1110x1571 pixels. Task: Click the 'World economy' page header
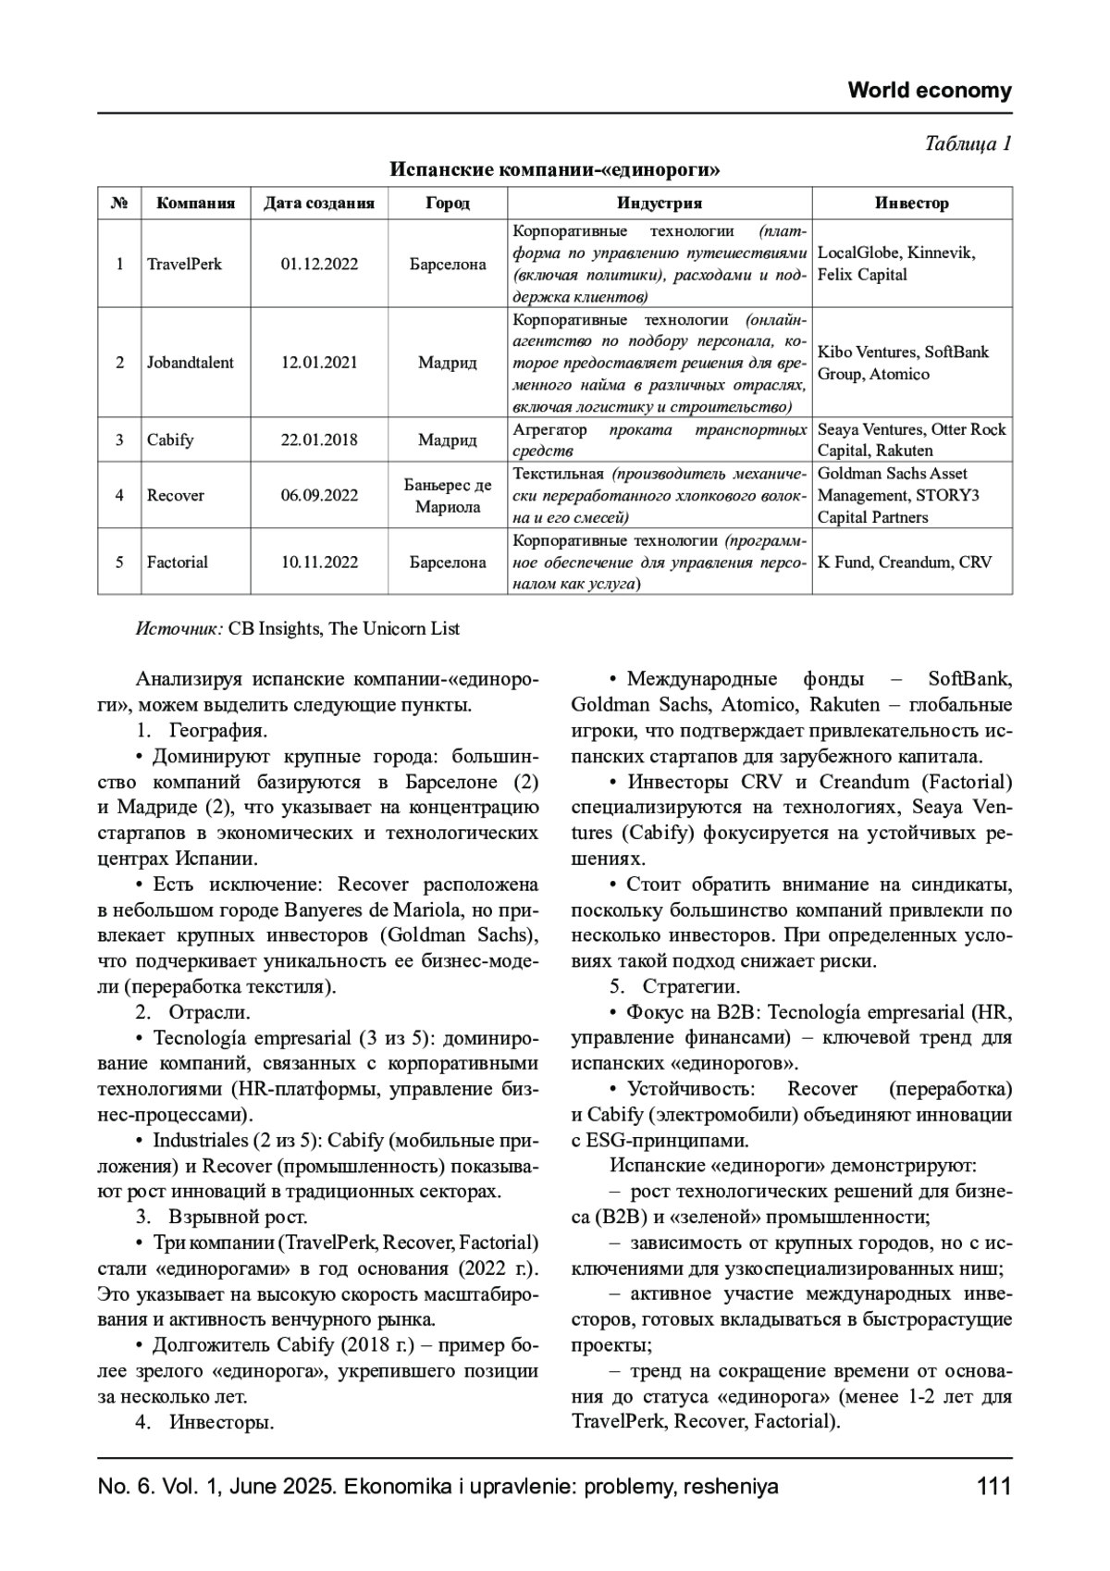[x=929, y=91]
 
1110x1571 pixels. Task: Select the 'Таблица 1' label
[x=968, y=143]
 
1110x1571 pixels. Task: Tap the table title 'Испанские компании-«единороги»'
[x=554, y=170]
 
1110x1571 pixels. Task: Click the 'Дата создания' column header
[x=319, y=204]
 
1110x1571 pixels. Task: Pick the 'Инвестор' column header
[x=911, y=204]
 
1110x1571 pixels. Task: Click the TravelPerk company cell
[x=184, y=264]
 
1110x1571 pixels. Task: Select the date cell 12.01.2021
[x=319, y=363]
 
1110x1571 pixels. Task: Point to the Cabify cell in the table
[x=170, y=439]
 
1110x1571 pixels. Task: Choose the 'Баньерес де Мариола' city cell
[x=448, y=496]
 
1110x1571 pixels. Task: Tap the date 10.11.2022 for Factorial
[x=319, y=563]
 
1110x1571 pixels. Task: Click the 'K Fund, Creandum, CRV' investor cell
[x=904, y=563]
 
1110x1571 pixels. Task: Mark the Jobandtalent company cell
[x=190, y=363]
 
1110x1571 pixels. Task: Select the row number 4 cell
[x=119, y=496]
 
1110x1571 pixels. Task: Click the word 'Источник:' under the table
[x=179, y=629]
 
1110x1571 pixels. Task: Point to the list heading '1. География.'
[x=202, y=731]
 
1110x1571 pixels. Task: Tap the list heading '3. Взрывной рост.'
[x=221, y=1217]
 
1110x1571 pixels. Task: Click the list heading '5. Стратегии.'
[x=674, y=986]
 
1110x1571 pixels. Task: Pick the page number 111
[x=993, y=1487]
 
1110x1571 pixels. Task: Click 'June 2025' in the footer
[x=278, y=1487]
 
